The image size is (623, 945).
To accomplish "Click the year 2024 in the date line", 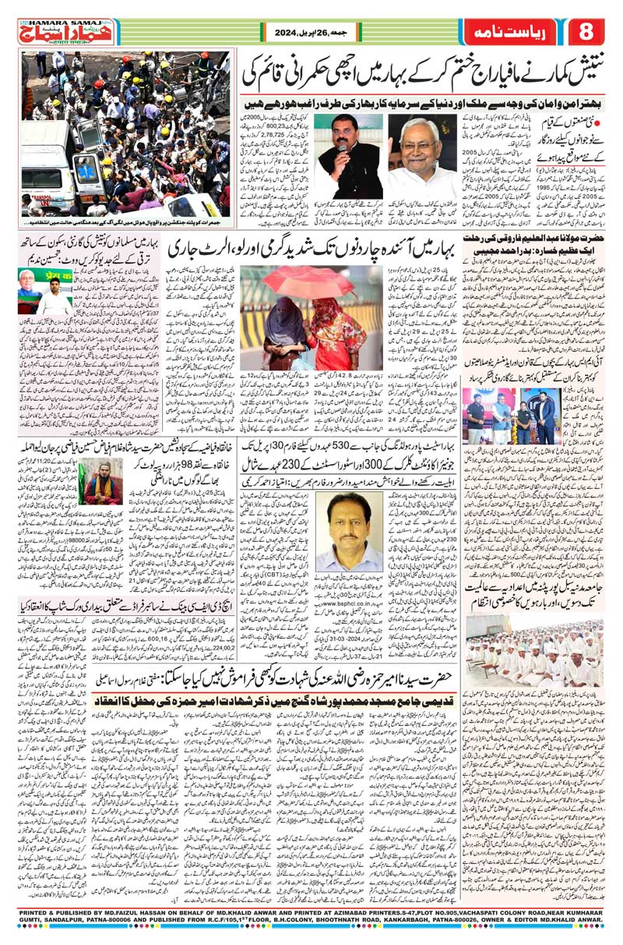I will click(287, 34).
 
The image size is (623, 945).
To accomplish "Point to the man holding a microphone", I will click(350, 157).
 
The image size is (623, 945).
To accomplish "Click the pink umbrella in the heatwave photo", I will click(297, 285).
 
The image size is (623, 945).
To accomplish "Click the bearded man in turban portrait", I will click(104, 483).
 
